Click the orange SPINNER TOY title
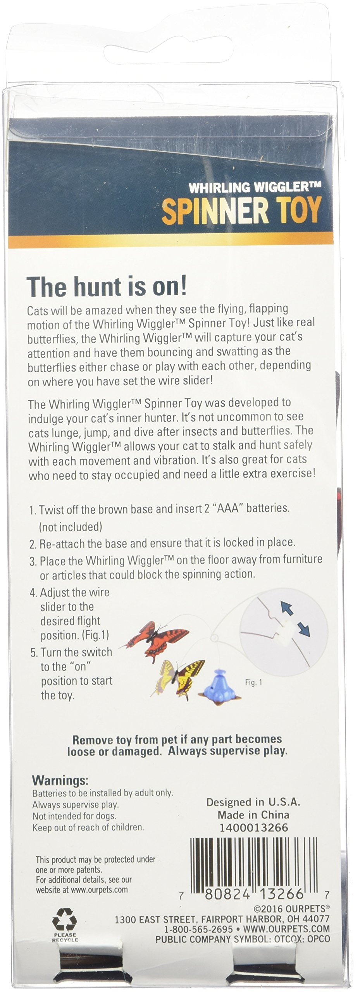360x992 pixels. click(x=241, y=210)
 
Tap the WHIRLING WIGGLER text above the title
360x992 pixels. click(x=255, y=188)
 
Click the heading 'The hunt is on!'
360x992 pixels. click(x=107, y=287)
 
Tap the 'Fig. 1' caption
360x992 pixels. click(x=253, y=682)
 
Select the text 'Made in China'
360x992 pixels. click(x=253, y=815)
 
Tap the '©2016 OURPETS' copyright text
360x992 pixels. click(x=291, y=909)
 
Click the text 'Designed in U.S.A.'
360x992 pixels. click(x=253, y=802)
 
